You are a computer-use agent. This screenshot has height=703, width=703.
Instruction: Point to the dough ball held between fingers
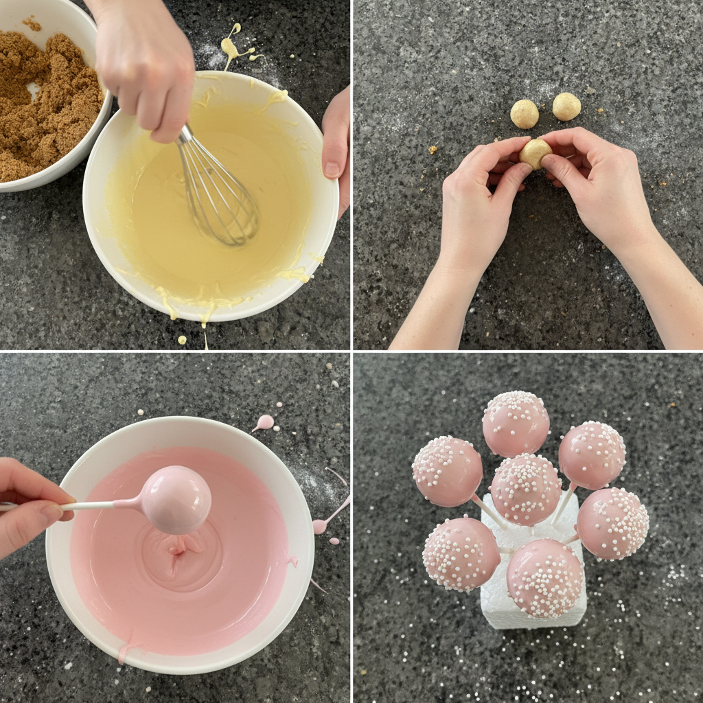click(x=535, y=153)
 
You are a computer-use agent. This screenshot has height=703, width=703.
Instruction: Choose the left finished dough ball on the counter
click(x=525, y=114)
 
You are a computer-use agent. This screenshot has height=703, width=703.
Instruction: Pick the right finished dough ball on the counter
click(x=566, y=106)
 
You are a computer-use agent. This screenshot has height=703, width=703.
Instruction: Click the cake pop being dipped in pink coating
click(x=176, y=499)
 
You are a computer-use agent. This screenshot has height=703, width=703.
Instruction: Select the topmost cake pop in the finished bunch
click(x=516, y=424)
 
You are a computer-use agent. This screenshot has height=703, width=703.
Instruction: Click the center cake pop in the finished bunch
click(x=526, y=489)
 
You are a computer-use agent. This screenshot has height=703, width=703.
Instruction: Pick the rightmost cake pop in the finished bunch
click(x=612, y=523)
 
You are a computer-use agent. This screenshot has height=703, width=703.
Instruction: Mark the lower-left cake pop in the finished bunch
click(x=461, y=553)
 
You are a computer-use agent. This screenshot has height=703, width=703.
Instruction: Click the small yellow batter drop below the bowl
click(x=182, y=339)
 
